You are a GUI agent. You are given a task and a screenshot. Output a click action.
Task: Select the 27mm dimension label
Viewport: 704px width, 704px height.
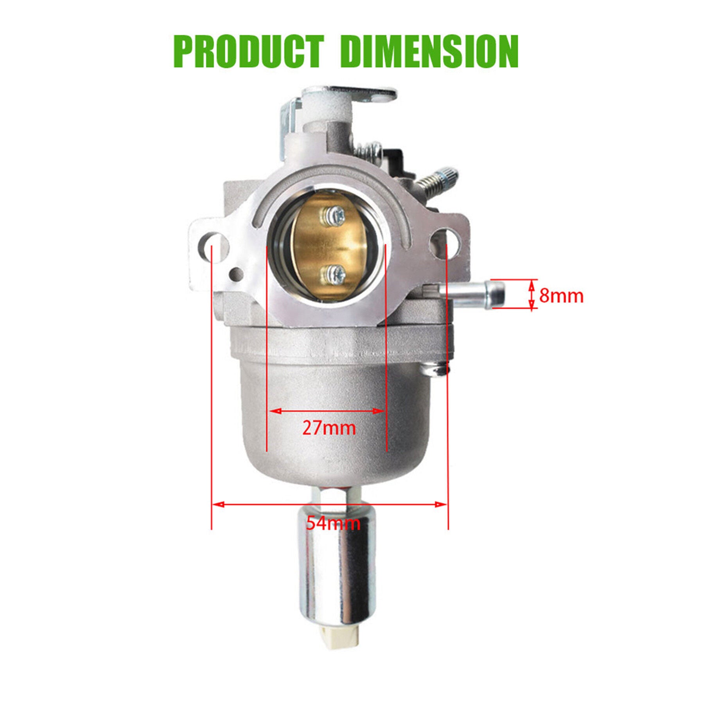pos(329,428)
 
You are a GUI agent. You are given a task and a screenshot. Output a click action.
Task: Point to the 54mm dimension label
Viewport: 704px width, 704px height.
pos(333,523)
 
